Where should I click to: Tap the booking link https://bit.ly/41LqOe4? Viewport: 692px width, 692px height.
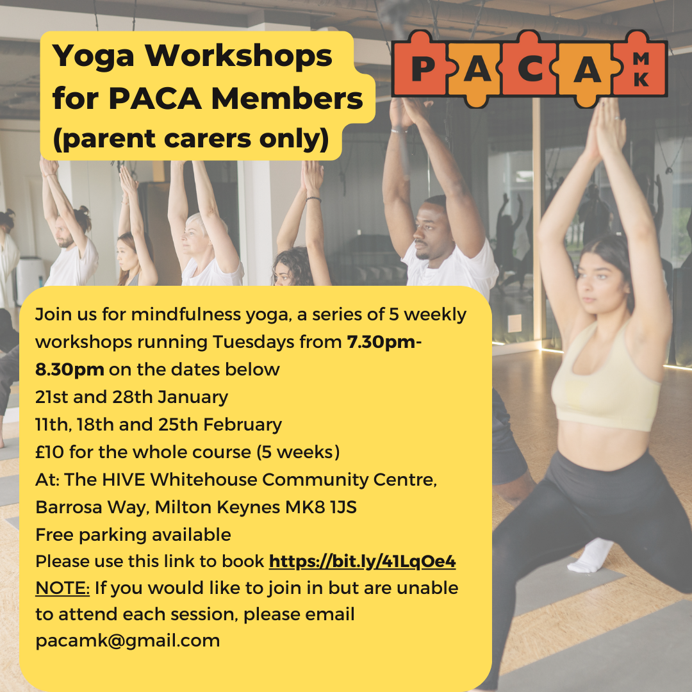click(362, 561)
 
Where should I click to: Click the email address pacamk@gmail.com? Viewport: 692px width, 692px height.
click(128, 641)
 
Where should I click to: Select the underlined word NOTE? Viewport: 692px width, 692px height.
click(62, 588)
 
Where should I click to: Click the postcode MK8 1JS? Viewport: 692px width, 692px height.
click(321, 507)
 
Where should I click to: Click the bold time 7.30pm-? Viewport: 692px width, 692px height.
click(384, 342)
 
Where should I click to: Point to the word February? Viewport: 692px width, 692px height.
click(242, 425)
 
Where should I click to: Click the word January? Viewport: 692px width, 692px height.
click(193, 397)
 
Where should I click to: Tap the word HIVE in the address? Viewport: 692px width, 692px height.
click(124, 480)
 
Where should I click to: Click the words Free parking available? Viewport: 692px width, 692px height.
click(133, 535)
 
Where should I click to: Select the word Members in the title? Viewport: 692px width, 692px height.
click(287, 99)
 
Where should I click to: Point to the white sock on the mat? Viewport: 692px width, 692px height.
click(589, 556)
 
